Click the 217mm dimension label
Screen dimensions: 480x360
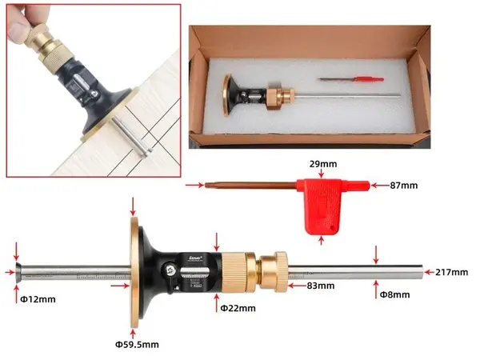pos(452,272)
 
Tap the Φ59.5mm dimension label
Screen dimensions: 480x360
pos(137,345)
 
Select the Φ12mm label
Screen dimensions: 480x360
pos(38,299)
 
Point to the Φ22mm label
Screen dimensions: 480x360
pos(238,308)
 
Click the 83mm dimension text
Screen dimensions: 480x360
pos(321,286)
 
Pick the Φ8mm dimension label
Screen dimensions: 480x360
pos(395,294)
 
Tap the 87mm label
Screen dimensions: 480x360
pos(404,186)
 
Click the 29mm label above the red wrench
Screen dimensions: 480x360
pos(323,164)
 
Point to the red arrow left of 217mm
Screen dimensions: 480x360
pos(429,272)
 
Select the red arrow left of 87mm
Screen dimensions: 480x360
pos(380,186)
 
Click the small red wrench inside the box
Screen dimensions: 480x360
pos(351,79)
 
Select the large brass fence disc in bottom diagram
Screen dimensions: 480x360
pos(134,273)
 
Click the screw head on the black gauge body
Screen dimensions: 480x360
pos(169,270)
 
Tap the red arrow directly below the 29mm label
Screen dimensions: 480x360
pos(321,174)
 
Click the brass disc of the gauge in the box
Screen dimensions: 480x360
pos(227,95)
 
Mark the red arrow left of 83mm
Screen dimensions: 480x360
pos(297,286)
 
